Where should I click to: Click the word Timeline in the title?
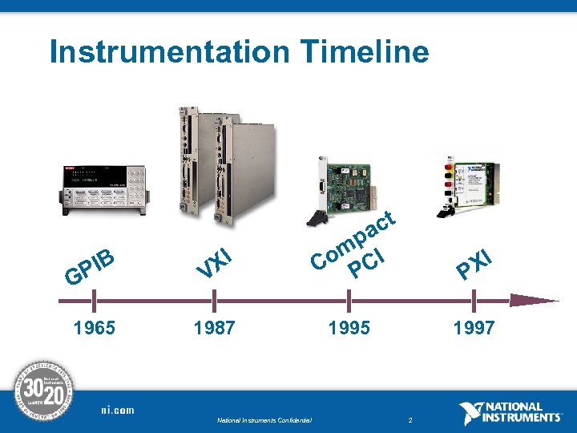click(x=365, y=52)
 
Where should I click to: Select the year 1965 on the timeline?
click(x=94, y=328)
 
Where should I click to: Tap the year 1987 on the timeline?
click(x=214, y=328)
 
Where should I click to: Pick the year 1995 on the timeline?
click(x=349, y=328)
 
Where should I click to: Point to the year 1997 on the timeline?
click(x=474, y=328)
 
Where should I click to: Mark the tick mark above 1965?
click(x=94, y=301)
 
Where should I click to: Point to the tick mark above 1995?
click(x=349, y=301)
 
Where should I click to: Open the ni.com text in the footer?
click(x=117, y=411)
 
